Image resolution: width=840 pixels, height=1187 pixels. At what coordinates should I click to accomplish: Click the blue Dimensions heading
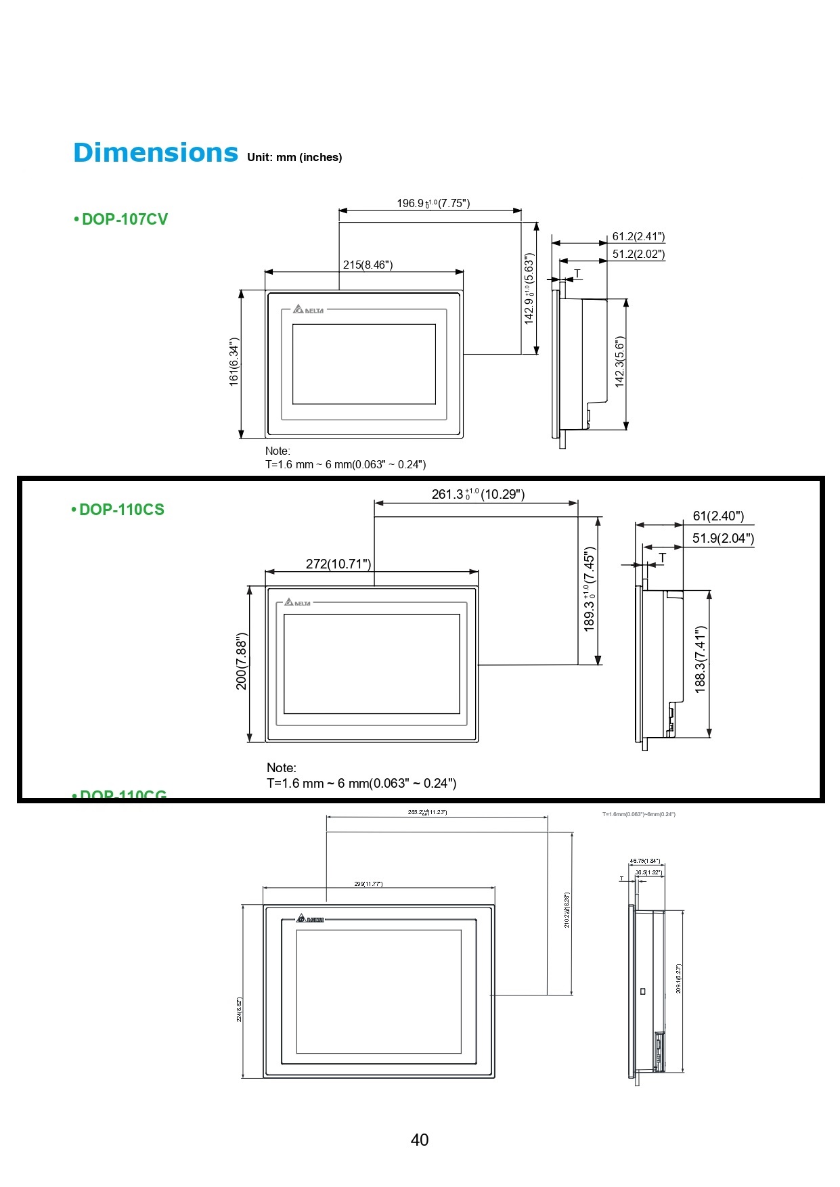(155, 153)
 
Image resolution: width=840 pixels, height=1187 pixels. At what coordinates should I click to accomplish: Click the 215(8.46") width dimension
(368, 265)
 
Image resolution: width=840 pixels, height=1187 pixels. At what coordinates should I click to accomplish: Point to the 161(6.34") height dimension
(234, 362)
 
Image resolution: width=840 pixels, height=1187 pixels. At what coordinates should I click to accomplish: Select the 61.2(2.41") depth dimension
(638, 236)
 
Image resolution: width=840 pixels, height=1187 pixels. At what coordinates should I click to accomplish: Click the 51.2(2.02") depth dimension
(638, 254)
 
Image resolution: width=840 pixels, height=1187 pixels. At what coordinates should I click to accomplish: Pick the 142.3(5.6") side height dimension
(619, 362)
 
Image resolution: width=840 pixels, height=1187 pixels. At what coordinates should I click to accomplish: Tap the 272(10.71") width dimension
(338, 564)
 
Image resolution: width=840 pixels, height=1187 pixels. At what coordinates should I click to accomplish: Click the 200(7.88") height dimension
(242, 661)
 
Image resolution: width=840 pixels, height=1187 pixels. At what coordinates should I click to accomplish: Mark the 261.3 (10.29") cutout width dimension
(478, 494)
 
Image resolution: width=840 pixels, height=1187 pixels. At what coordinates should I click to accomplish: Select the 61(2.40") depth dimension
(718, 516)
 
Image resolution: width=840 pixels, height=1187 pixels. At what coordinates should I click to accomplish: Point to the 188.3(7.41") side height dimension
(701, 658)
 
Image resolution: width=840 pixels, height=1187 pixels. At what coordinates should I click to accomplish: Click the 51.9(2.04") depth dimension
(722, 538)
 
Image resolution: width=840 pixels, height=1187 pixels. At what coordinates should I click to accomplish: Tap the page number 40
(420, 1140)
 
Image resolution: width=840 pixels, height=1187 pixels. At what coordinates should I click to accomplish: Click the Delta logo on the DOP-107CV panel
(309, 309)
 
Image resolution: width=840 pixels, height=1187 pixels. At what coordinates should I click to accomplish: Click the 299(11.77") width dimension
(368, 884)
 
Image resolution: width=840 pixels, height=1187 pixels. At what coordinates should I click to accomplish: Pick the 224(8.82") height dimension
(240, 1009)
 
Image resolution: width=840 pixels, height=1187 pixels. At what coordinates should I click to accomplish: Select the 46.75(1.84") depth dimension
(644, 861)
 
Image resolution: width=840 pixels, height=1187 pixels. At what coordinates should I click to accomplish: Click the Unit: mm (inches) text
(294, 157)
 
